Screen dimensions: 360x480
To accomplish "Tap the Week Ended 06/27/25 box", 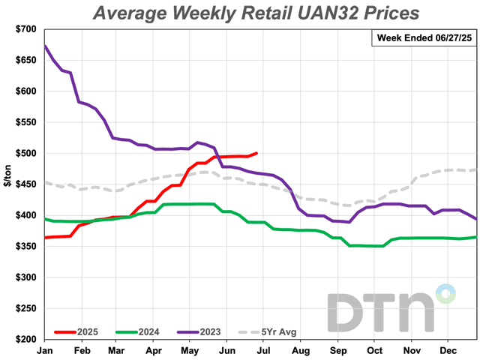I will [423, 38].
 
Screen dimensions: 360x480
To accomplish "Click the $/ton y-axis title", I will [7, 184].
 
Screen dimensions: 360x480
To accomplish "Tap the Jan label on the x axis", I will [44, 350].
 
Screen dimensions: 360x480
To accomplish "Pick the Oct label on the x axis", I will [374, 350].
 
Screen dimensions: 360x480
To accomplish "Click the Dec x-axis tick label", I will [448, 350].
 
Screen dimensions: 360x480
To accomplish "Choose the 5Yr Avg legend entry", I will [277, 331].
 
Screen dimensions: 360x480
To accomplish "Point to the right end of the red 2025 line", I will [257, 153].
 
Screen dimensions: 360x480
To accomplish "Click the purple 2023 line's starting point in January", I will [45, 46].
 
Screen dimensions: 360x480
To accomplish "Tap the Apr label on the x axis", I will [154, 350].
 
